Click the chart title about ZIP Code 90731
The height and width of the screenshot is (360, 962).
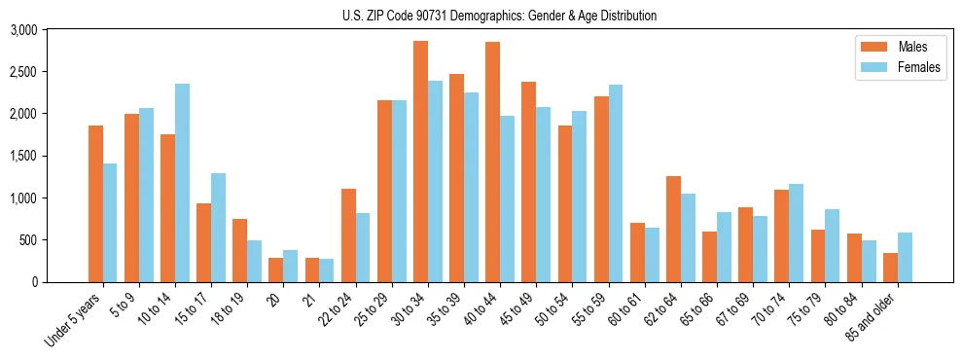click(499, 16)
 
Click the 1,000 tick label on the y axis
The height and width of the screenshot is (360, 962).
click(23, 198)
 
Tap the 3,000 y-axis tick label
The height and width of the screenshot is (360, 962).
click(23, 30)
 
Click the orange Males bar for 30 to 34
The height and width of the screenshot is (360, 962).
click(420, 162)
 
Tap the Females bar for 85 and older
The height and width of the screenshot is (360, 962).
click(905, 258)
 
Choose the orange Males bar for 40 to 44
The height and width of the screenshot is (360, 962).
click(492, 162)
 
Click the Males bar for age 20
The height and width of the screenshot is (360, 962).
click(276, 270)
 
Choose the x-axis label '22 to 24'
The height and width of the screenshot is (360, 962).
click(336, 309)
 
